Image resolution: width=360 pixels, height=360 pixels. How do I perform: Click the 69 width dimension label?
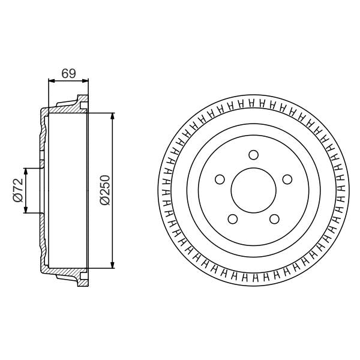(x=68, y=74)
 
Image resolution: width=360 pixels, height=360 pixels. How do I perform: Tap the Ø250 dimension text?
(x=104, y=190)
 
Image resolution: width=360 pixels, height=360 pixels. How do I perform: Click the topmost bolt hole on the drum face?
(x=253, y=154)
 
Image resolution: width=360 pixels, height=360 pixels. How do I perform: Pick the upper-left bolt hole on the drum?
(x=219, y=179)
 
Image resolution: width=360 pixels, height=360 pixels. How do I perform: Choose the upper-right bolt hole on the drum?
(x=287, y=179)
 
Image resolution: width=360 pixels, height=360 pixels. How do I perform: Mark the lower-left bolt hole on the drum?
(x=232, y=219)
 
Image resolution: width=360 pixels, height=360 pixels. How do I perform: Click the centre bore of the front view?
(x=253, y=190)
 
